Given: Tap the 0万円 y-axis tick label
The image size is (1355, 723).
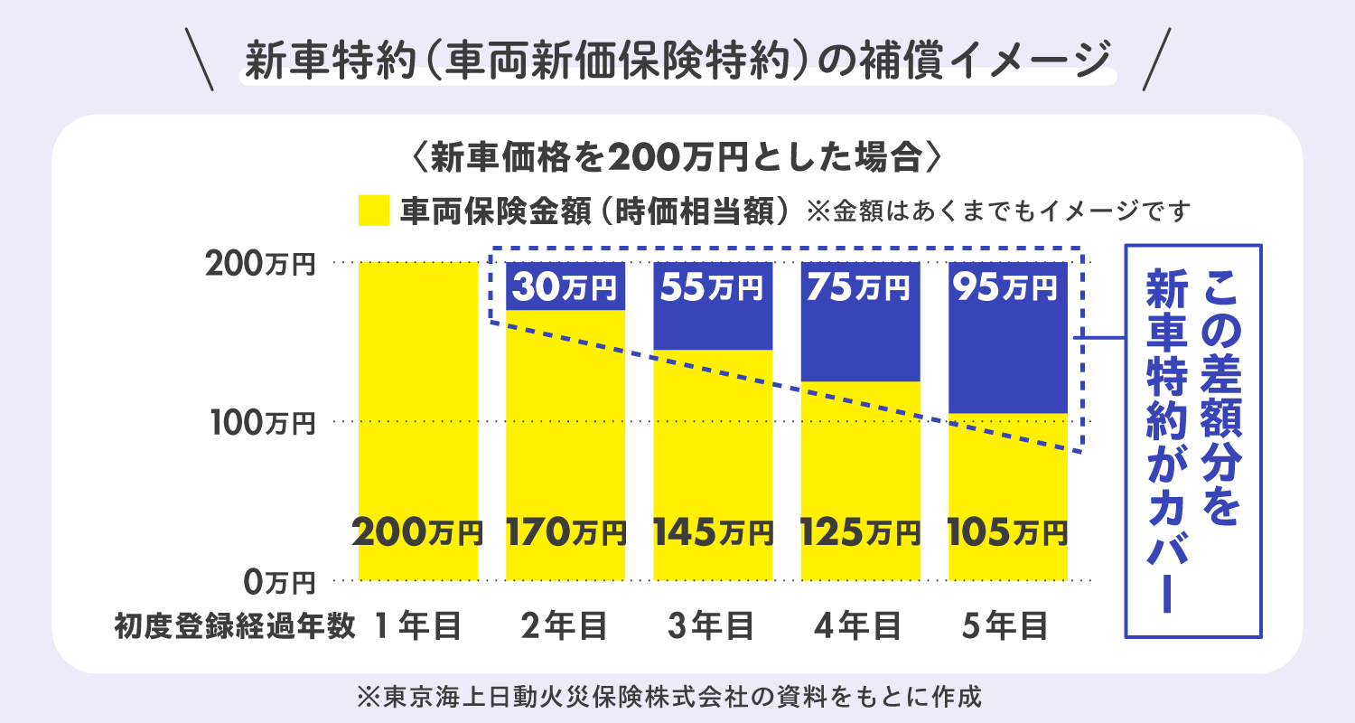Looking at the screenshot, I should coord(279,581).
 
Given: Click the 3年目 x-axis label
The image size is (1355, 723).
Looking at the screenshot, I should coord(712,625).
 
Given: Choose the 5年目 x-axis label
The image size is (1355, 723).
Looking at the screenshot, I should coord(1007,625).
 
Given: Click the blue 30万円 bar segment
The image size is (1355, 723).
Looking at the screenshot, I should coord(565,286).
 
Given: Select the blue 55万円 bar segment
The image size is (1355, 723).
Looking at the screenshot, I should coord(713,306).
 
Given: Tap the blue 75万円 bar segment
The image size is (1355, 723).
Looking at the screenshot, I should coord(860,322).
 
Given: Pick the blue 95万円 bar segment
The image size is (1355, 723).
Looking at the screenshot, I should coord(1007,338).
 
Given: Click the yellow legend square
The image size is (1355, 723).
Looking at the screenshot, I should coord(374,211).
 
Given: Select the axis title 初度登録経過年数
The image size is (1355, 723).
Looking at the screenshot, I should coord(234,625).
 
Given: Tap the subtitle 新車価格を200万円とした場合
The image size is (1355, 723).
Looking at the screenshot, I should coord(677,159).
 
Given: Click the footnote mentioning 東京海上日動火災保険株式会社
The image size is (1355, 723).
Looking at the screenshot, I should coord(668,697).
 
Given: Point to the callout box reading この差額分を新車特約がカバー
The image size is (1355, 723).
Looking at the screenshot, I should coord(1192,441).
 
